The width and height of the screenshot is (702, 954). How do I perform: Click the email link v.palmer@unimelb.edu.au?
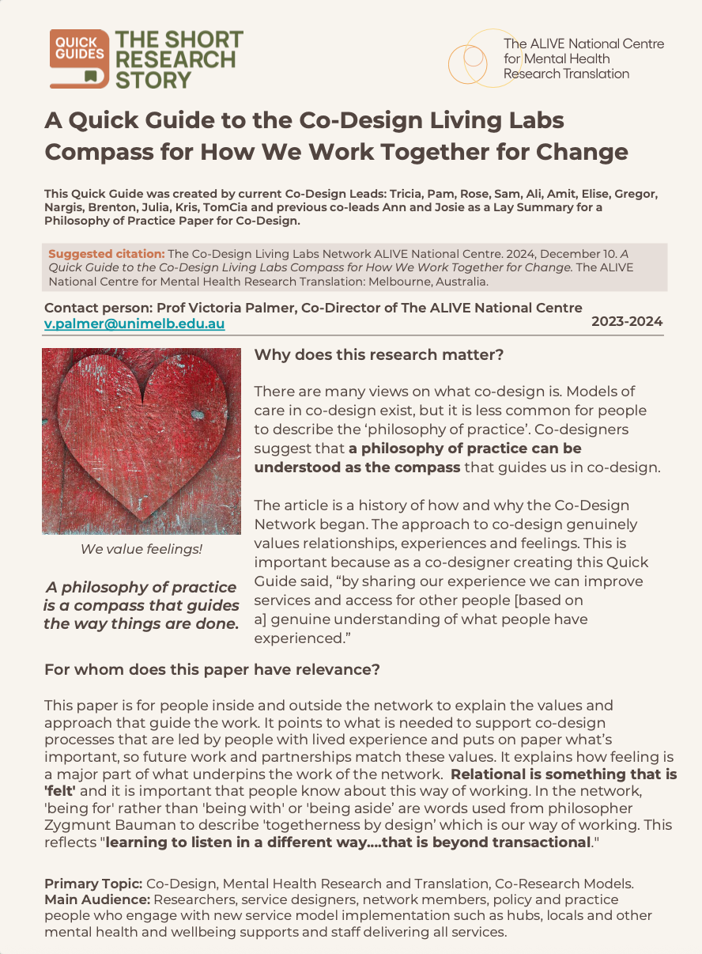click(134, 324)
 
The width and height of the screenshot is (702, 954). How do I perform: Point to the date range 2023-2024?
click(627, 321)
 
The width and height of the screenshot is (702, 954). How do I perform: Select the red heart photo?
click(142, 441)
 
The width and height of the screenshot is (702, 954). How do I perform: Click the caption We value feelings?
click(142, 548)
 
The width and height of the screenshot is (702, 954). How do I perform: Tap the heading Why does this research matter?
click(379, 355)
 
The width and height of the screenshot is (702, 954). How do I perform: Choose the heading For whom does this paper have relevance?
click(212, 670)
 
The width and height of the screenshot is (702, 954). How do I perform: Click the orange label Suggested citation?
click(107, 254)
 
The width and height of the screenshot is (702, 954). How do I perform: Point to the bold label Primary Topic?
click(93, 883)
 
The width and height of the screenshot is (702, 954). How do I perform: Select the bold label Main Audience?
click(97, 899)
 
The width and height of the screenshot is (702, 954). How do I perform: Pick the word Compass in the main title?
click(98, 151)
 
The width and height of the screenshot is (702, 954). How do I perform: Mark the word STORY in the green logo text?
click(154, 80)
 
